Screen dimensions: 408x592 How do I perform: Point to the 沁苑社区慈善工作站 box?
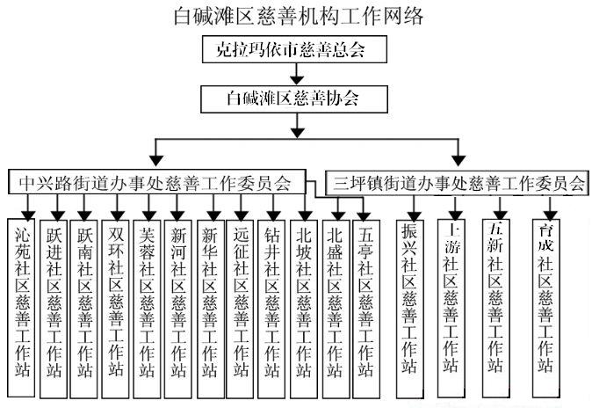click(24, 299)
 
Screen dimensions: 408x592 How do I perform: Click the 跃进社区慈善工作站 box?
click(54, 299)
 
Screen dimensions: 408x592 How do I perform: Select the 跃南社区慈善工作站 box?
click(83, 299)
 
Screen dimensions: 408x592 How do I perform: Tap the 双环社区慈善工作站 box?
click(114, 299)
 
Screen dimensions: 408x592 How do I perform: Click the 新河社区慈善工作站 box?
click(177, 299)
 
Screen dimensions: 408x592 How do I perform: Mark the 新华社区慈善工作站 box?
click(210, 299)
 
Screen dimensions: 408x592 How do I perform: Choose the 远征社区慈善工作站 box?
click(241, 299)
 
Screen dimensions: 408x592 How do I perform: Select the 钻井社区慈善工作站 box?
click(271, 299)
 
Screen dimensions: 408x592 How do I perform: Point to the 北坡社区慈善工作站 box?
click(303, 299)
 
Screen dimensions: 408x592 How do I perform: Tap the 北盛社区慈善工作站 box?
click(335, 299)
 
